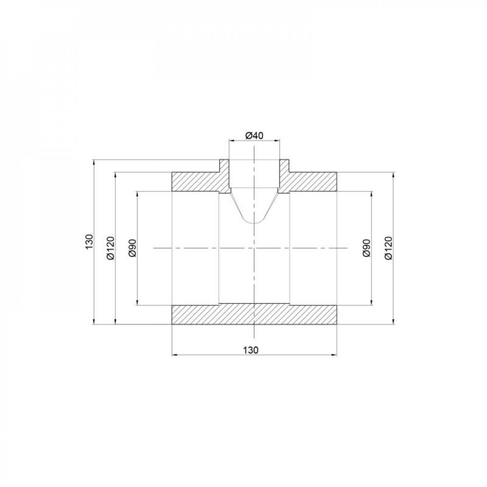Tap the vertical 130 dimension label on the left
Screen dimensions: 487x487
(88, 242)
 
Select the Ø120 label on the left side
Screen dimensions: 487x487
(110, 248)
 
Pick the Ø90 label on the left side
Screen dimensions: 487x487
(132, 248)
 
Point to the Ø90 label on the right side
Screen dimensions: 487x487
(367, 248)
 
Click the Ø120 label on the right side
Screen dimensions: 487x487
(388, 248)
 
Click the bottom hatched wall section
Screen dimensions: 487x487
(214, 314)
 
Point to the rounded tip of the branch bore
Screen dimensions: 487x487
(254, 223)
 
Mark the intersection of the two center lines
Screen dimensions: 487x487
(254, 248)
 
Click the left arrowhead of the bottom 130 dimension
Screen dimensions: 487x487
(175, 356)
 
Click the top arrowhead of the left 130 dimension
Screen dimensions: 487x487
(93, 161)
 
